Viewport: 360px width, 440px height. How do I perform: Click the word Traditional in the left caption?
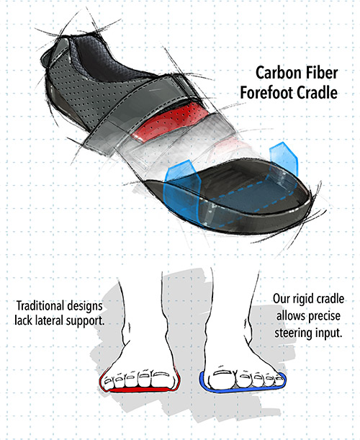(37, 305)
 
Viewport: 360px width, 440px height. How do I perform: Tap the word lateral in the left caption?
(49, 320)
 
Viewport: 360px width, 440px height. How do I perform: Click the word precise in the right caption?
(324, 317)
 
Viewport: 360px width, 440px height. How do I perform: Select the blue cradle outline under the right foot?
(241, 390)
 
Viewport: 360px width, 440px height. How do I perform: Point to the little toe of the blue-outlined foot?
(279, 380)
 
